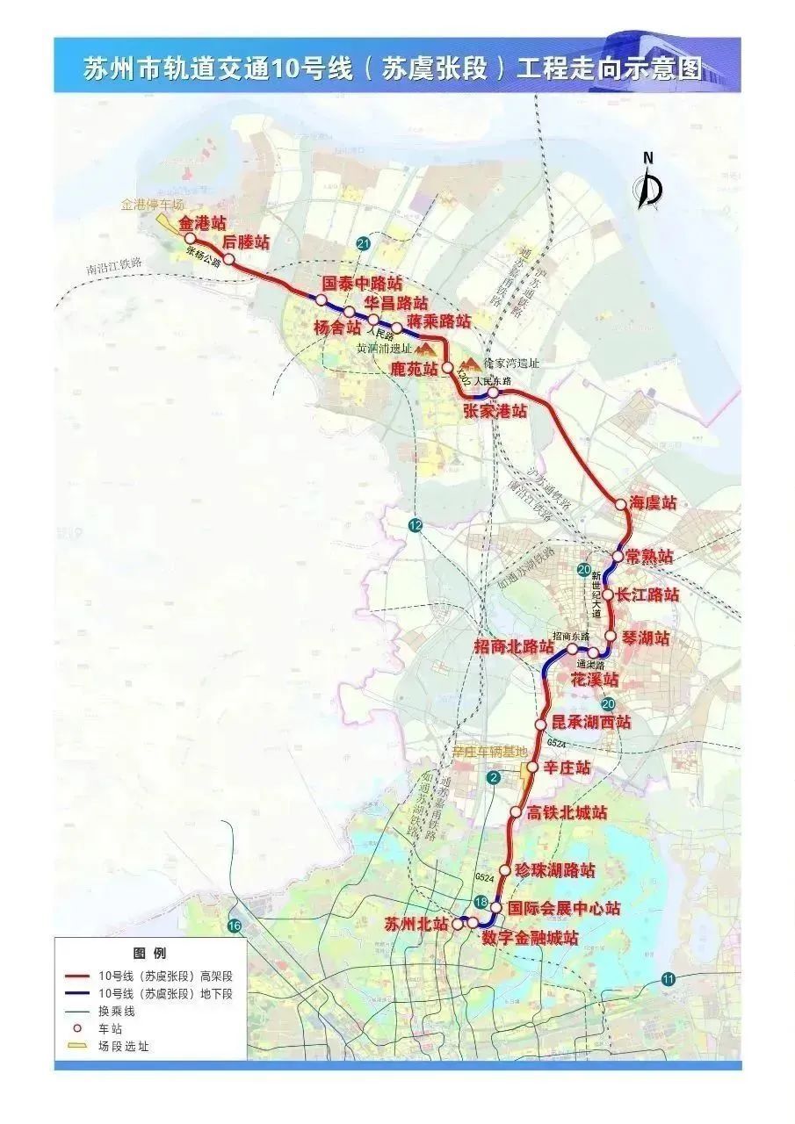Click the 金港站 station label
coord(202,224)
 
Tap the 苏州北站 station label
coord(416,924)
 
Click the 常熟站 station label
coord(650,557)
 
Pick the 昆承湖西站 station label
coord(591,723)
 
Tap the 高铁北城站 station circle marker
coord(516,812)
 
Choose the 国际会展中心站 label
coord(564,908)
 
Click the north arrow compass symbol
coord(649,182)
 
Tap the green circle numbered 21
coord(364,243)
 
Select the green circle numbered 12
coord(416,525)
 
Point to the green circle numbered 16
coord(234,926)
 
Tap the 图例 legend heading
coord(149,953)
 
